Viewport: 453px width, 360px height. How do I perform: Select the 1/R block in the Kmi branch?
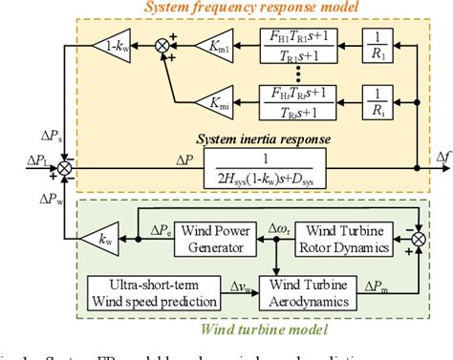coord(374,99)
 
